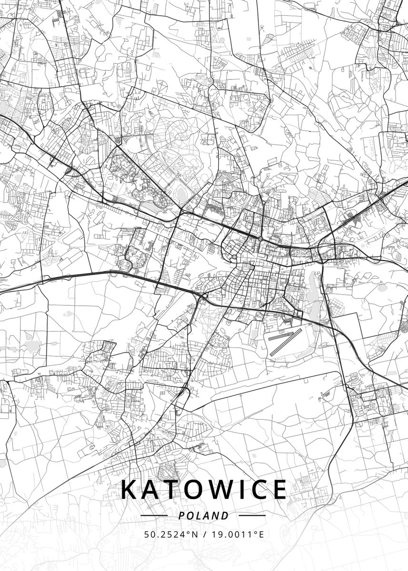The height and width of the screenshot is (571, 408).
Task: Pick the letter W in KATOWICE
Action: pos(220,490)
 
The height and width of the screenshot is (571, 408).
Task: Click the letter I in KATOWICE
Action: pos(241,490)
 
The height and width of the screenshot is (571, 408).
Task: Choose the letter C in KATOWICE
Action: pos(259,490)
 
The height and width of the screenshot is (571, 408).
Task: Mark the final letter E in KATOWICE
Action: pos(280,490)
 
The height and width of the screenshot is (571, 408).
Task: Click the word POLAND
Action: pos(203,516)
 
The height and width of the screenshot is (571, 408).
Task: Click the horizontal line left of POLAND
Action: pos(154,515)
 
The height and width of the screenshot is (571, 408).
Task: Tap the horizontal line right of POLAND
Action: pos(252,515)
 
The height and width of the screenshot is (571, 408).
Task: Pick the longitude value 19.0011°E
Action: pos(237,534)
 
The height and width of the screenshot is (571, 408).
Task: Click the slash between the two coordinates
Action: pos(204,534)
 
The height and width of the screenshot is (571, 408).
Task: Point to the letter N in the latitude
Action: pos(195,534)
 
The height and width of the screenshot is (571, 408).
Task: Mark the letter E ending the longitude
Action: pos(261,534)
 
